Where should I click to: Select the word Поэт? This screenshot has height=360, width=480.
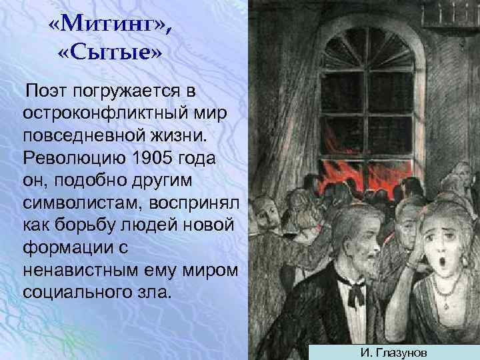pyautogui.click(x=45, y=90)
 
